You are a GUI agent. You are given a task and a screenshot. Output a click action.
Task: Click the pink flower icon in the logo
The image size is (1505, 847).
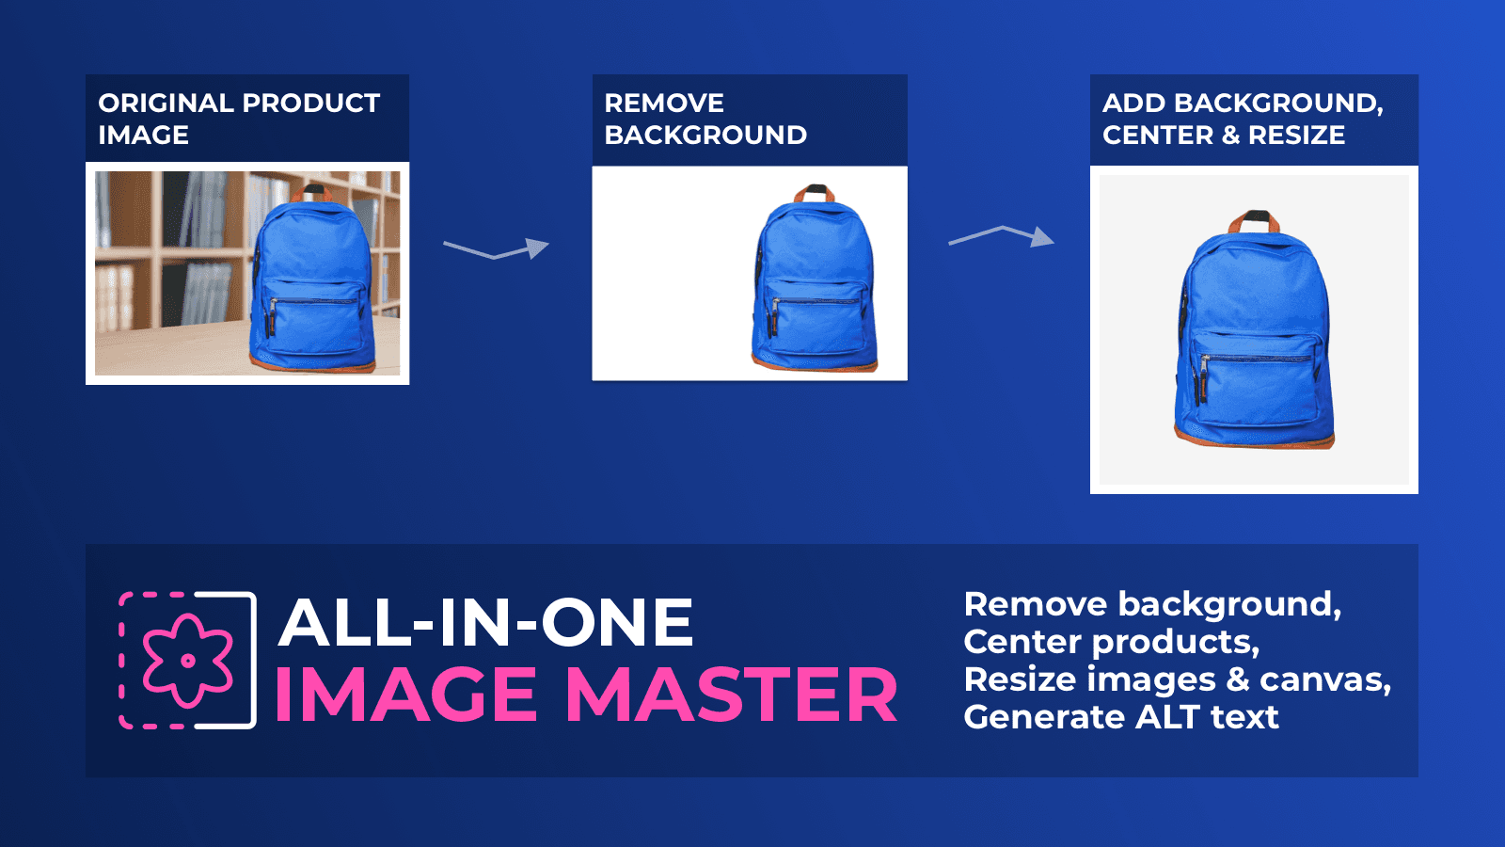[x=187, y=660]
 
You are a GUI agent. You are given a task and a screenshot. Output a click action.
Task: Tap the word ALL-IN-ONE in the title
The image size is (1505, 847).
[x=485, y=623]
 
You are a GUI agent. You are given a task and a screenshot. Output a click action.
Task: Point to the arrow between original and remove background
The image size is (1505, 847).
[x=497, y=249]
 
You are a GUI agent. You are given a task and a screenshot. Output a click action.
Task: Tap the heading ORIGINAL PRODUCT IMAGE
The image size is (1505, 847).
[x=239, y=119]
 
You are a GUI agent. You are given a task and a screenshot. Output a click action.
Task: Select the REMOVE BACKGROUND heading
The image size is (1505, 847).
[x=705, y=119]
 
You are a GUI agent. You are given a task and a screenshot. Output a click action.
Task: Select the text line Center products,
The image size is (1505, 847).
[x=1111, y=642]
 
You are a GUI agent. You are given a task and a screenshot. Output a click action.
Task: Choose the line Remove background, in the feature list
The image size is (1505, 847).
[x=1152, y=604]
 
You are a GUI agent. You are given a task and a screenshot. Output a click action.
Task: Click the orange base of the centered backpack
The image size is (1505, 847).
[x=1255, y=438]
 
